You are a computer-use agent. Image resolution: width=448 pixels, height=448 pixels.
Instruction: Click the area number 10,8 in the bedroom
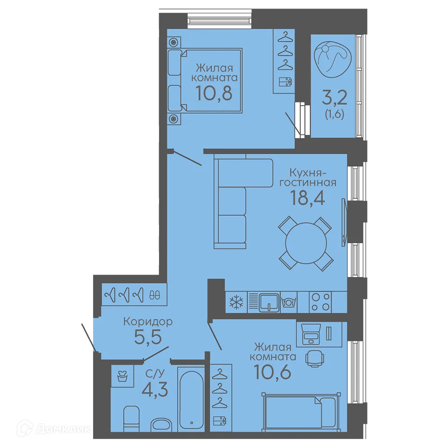[x=214, y=93]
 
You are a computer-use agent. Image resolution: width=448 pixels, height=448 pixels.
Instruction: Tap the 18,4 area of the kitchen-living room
[x=307, y=198]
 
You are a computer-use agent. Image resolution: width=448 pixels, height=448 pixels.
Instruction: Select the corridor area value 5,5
[x=148, y=337]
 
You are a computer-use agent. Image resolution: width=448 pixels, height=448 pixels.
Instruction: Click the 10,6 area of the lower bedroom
[x=272, y=372]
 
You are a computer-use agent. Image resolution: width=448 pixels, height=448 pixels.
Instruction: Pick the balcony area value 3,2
[x=334, y=97]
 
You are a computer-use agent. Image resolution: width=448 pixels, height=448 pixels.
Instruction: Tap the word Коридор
[x=148, y=322]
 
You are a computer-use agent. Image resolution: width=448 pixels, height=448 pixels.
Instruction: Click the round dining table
[x=306, y=243]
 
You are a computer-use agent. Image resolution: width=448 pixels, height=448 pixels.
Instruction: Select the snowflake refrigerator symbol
[x=236, y=302]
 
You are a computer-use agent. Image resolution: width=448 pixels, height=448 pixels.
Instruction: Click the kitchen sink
[x=269, y=302]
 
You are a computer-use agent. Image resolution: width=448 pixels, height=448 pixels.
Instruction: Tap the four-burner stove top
[x=320, y=302]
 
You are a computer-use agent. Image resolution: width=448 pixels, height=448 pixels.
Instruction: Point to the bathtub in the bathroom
[x=191, y=399]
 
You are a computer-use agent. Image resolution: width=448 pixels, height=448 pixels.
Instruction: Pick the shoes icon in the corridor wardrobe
[x=155, y=295]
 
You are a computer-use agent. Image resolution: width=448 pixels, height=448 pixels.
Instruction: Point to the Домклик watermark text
[x=64, y=429]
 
